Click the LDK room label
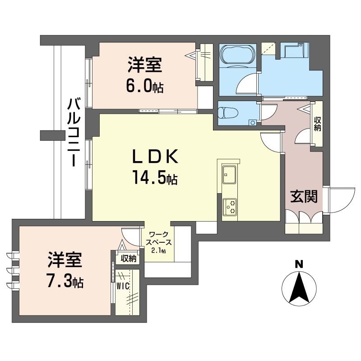click(155, 157)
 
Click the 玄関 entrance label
click(303, 196)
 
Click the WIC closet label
click(123, 286)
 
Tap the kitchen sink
click(229, 174)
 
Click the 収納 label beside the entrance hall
click(317, 124)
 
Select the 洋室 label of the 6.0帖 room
click(144, 66)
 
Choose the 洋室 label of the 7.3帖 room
click(65, 261)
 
